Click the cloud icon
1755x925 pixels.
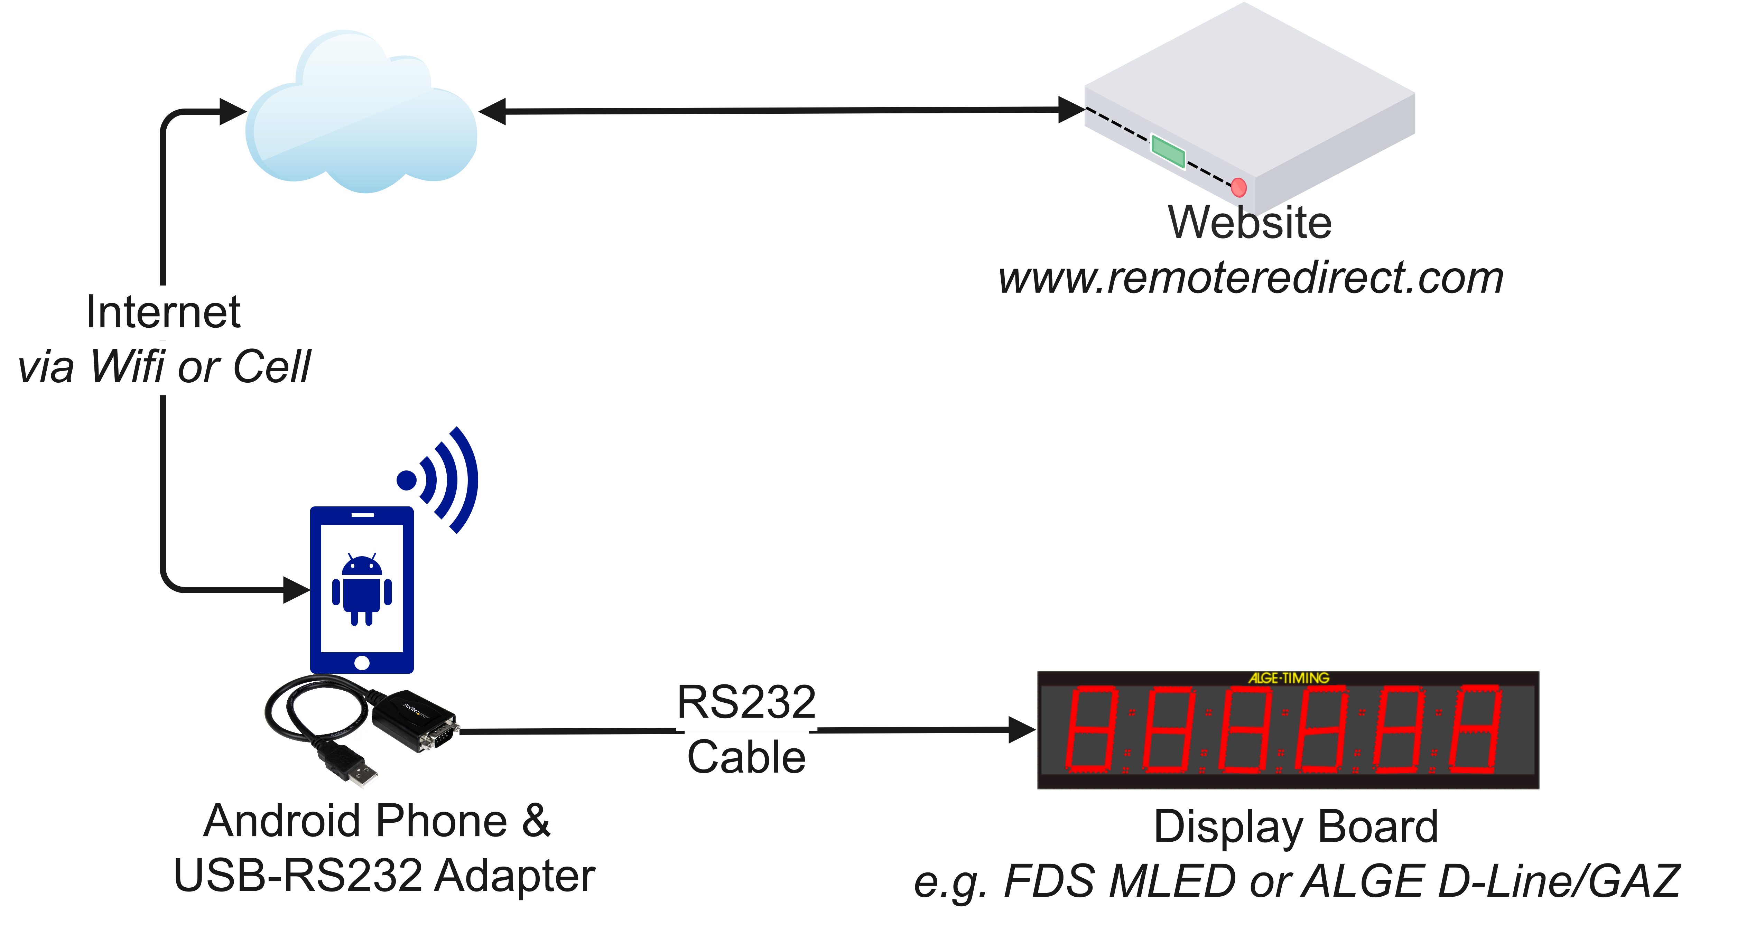point(361,116)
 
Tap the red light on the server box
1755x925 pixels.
point(1238,187)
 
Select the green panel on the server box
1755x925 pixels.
point(1168,150)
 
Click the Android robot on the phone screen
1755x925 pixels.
point(362,590)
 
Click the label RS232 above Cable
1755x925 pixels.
point(746,702)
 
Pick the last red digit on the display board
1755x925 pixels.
point(1475,729)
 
